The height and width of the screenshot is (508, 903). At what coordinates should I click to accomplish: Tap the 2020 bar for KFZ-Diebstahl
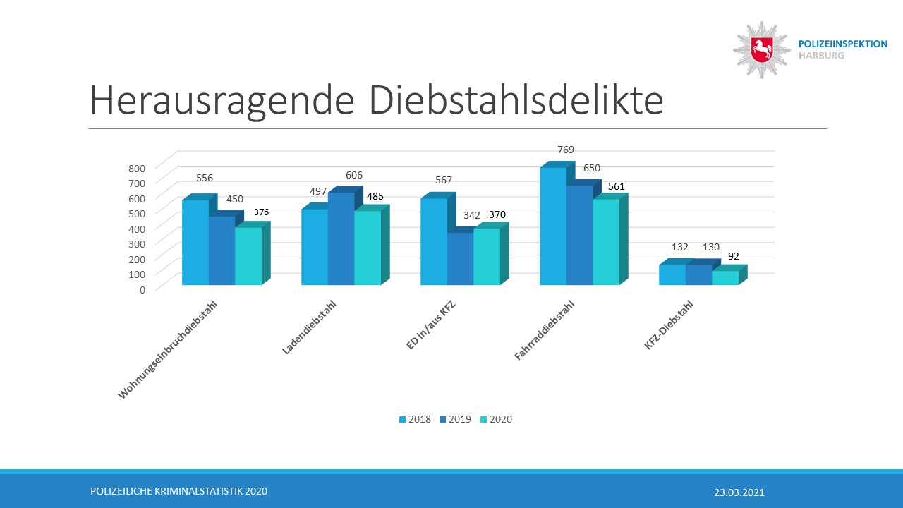(x=725, y=278)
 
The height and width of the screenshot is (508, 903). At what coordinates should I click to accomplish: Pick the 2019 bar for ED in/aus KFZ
(x=460, y=259)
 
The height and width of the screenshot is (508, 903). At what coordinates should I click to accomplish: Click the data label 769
(x=566, y=150)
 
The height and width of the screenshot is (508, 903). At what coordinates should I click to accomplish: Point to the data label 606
(x=354, y=175)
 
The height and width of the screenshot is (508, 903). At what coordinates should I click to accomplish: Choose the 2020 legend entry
(x=495, y=419)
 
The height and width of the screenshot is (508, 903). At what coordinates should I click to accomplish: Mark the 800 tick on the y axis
(x=137, y=167)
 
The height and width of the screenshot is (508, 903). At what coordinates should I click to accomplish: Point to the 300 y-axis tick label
(x=137, y=243)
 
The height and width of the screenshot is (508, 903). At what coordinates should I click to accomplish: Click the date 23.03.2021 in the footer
(x=739, y=492)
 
